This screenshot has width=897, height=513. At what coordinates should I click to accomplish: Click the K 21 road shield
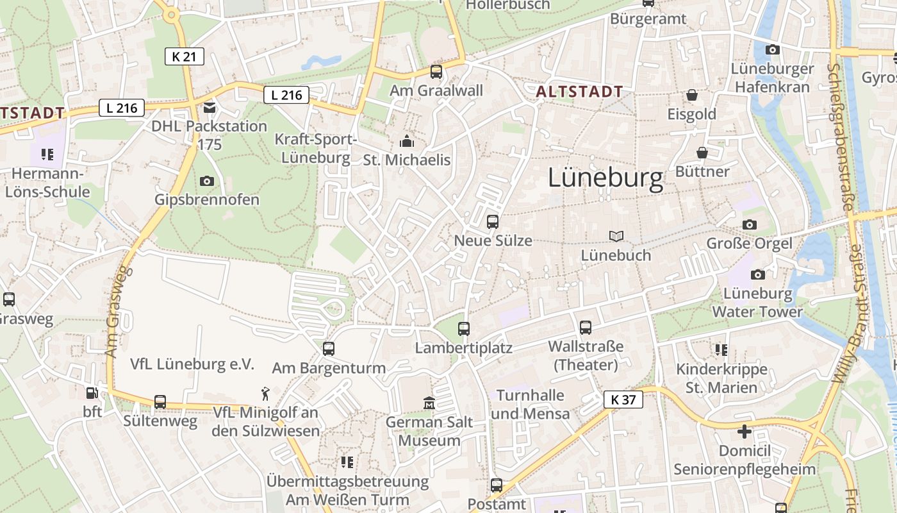pyautogui.click(x=185, y=56)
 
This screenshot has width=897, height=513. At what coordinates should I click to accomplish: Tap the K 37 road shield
pyautogui.click(x=623, y=399)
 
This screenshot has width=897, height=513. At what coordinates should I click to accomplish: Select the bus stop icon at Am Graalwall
pyautogui.click(x=436, y=71)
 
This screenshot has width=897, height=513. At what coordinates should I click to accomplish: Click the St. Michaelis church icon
pyautogui.click(x=407, y=141)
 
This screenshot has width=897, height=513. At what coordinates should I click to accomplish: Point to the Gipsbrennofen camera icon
pyautogui.click(x=206, y=181)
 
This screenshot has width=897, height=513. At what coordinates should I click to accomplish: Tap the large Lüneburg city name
pyautogui.click(x=605, y=178)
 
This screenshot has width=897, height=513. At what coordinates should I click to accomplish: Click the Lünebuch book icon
pyautogui.click(x=616, y=237)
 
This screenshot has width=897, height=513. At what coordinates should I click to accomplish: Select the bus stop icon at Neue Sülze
pyautogui.click(x=493, y=222)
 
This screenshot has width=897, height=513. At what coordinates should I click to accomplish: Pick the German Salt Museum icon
pyautogui.click(x=429, y=403)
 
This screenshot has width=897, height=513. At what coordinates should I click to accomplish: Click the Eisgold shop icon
pyautogui.click(x=692, y=96)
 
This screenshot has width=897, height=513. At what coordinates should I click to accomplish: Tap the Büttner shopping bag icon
pyautogui.click(x=702, y=153)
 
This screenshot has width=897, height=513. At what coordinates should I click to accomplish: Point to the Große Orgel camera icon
pyautogui.click(x=749, y=224)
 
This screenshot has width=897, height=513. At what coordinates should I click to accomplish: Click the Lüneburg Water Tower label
pyautogui.click(x=757, y=303)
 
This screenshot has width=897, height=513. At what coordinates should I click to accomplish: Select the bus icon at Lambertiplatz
pyautogui.click(x=464, y=329)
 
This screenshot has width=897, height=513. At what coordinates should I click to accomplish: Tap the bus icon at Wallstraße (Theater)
pyautogui.click(x=586, y=328)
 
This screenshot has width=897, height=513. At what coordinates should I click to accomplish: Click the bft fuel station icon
pyautogui.click(x=92, y=392)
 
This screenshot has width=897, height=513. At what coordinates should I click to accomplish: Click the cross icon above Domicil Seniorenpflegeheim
pyautogui.click(x=745, y=432)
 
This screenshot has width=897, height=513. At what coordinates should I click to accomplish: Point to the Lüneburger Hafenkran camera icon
pyautogui.click(x=773, y=49)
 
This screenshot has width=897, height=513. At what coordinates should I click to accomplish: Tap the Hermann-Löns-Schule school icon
pyautogui.click(x=47, y=154)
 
